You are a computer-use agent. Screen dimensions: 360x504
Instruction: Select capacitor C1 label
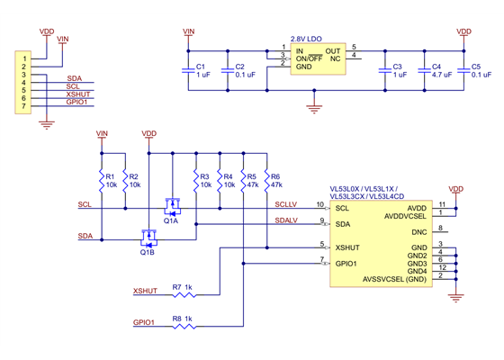pyautogui.click(x=201, y=67)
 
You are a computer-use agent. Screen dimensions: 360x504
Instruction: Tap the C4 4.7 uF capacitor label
pyautogui.click(x=436, y=67)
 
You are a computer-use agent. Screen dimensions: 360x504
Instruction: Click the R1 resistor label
pyautogui.click(x=110, y=176)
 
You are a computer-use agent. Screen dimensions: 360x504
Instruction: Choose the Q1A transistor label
pyautogui.click(x=171, y=220)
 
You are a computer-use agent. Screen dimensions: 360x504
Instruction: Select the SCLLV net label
pyautogui.click(x=286, y=203)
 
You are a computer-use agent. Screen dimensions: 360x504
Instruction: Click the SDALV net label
pyautogui.click(x=286, y=220)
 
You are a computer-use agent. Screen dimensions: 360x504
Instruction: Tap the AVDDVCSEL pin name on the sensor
pyautogui.click(x=405, y=216)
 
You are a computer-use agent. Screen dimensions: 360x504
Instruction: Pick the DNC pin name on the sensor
pyautogui.click(x=418, y=230)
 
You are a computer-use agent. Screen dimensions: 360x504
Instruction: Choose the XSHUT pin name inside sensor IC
pyautogui.click(x=347, y=247)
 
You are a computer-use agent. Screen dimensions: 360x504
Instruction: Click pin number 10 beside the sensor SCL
pyautogui.click(x=320, y=204)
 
